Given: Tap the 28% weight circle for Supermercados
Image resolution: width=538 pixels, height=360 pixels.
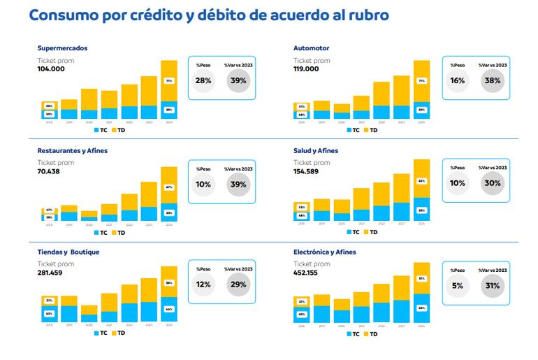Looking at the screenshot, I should [203, 81].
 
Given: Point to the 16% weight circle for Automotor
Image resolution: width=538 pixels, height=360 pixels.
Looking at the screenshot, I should [458, 81].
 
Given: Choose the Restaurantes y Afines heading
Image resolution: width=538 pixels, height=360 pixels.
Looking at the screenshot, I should [73, 150].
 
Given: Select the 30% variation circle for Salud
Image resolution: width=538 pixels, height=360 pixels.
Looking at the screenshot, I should [493, 183].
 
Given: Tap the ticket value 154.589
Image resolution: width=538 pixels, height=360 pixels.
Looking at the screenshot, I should [309, 171].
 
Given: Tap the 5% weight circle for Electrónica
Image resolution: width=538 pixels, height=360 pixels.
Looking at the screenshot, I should [458, 285].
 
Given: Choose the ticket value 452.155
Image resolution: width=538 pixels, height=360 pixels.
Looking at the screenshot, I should [309, 273].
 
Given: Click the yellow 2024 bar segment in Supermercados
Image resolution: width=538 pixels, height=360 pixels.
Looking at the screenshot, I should [169, 80].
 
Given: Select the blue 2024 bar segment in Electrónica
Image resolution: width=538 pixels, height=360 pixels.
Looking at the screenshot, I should [421, 308].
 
